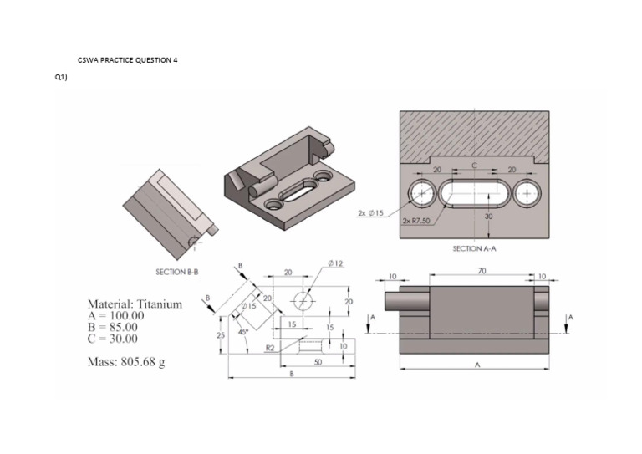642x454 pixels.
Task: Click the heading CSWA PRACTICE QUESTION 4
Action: [x=127, y=60]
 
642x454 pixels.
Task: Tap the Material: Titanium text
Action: [x=135, y=304]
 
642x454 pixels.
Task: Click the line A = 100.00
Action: [x=116, y=316]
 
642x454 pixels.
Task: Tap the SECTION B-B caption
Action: [x=176, y=272]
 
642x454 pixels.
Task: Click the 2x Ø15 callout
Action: [x=370, y=213]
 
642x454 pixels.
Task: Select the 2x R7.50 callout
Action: [x=415, y=221]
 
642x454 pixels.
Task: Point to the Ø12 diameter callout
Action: [x=337, y=264]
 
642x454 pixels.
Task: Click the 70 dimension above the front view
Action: [x=481, y=270]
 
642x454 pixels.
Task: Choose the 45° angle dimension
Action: [x=244, y=331]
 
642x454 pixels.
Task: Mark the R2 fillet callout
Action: [x=270, y=345]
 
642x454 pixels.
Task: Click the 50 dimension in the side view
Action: [x=318, y=361]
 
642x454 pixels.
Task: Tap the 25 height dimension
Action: [x=220, y=335]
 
